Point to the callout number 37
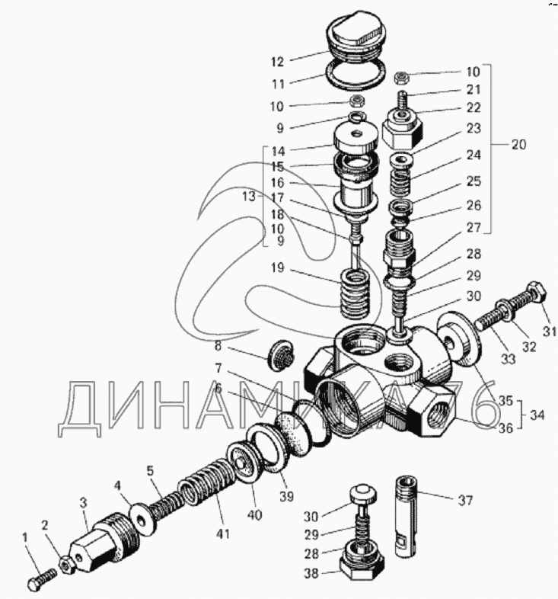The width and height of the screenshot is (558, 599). [x=464, y=501]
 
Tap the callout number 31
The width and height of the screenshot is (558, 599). [x=549, y=331]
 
